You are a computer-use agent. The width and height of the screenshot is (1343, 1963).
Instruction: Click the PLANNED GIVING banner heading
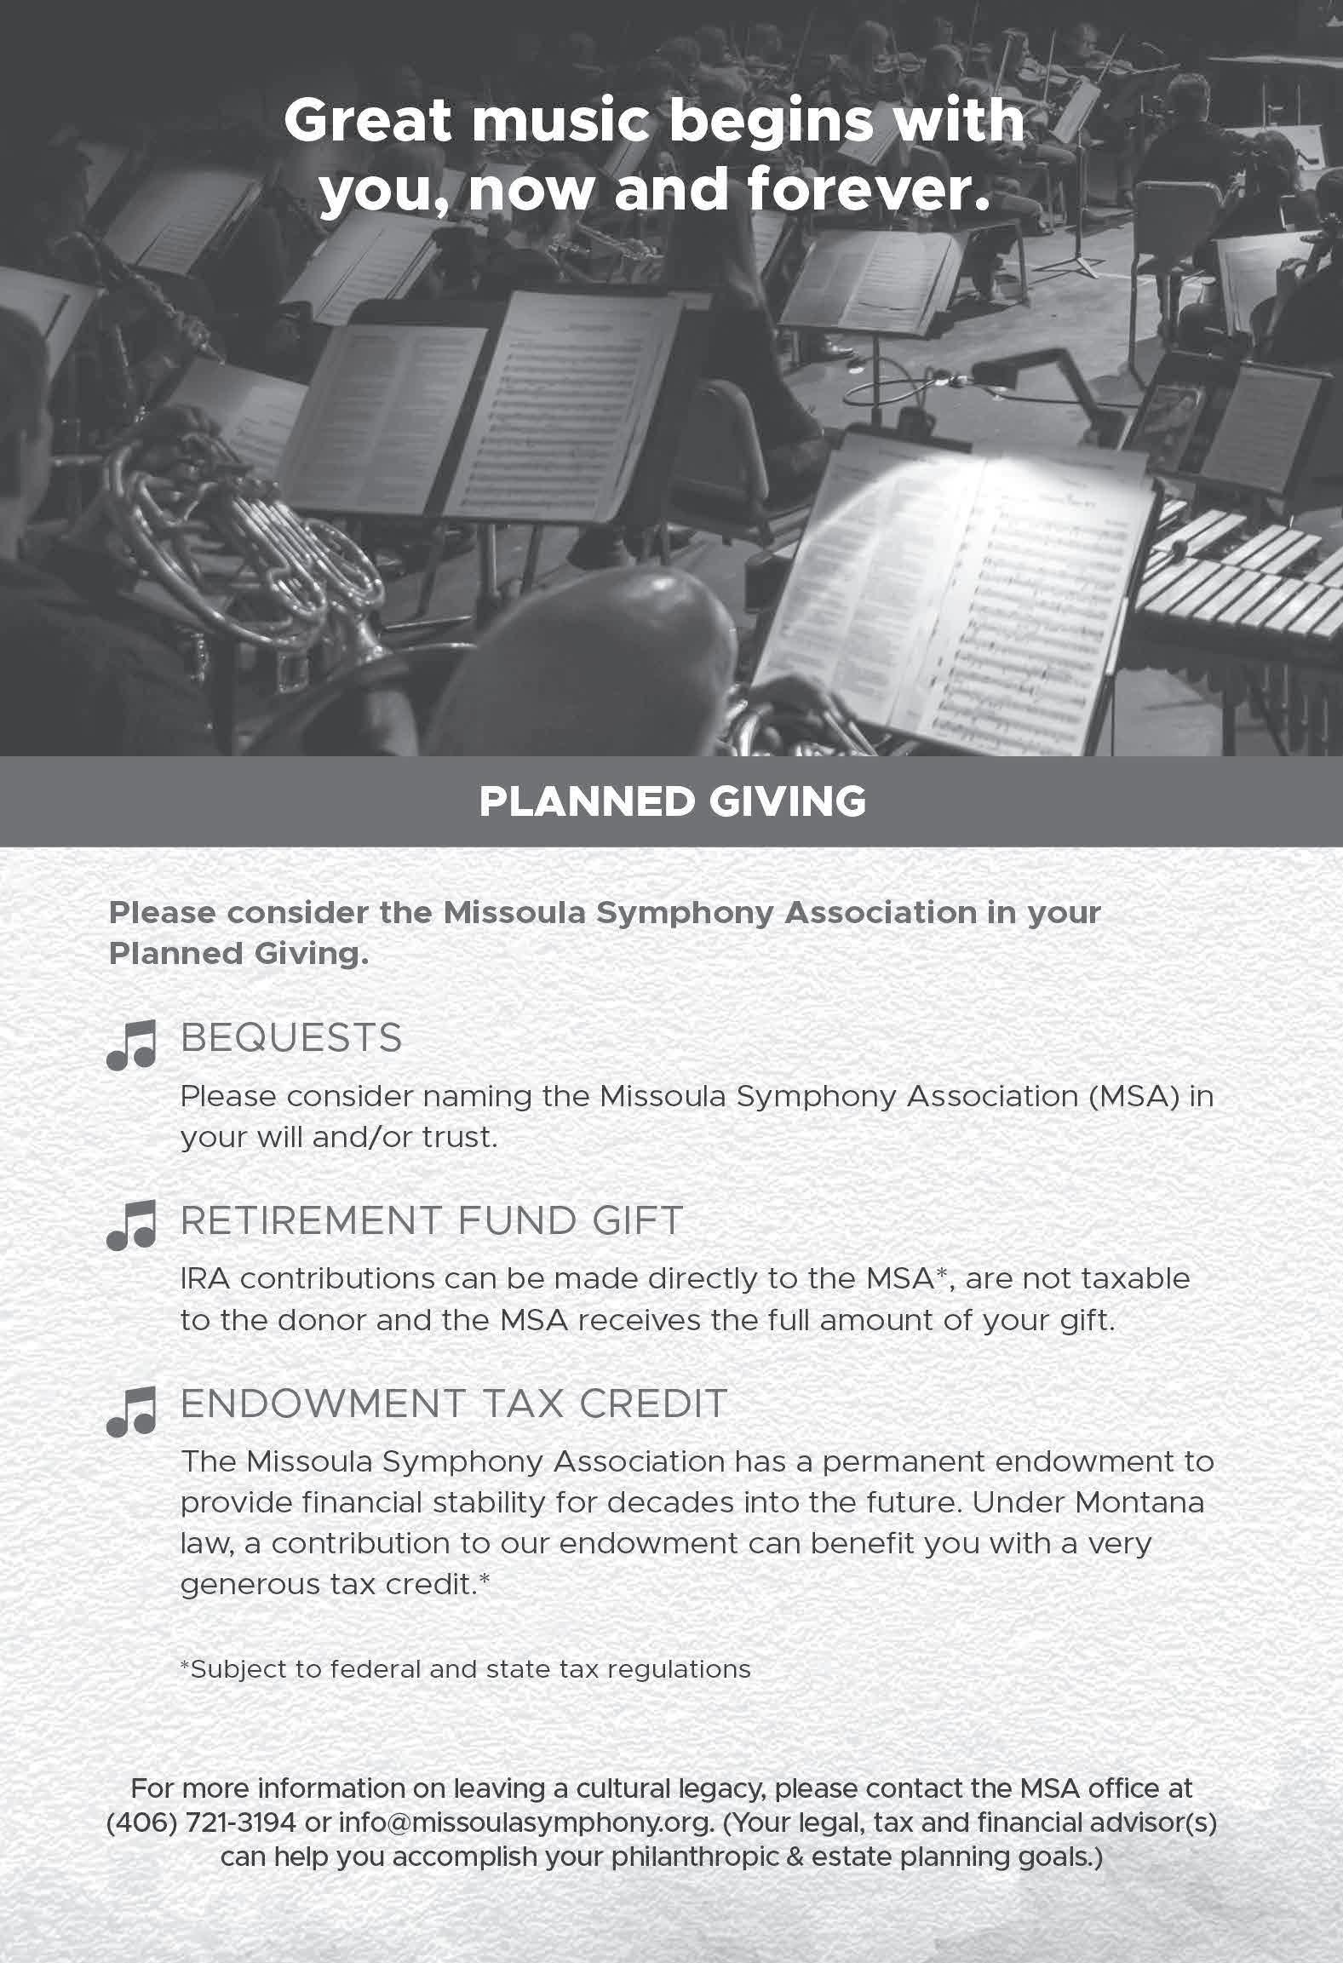[672, 801]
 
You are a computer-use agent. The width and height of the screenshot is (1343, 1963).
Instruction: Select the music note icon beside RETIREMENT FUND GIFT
[131, 1225]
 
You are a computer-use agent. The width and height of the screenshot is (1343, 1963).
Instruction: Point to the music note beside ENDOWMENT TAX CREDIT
[131, 1411]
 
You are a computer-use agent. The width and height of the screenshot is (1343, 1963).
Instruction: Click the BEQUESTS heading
[291, 1038]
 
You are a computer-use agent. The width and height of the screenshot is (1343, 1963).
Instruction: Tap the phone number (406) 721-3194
[201, 1822]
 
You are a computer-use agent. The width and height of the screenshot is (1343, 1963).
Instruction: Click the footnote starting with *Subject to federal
[465, 1668]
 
